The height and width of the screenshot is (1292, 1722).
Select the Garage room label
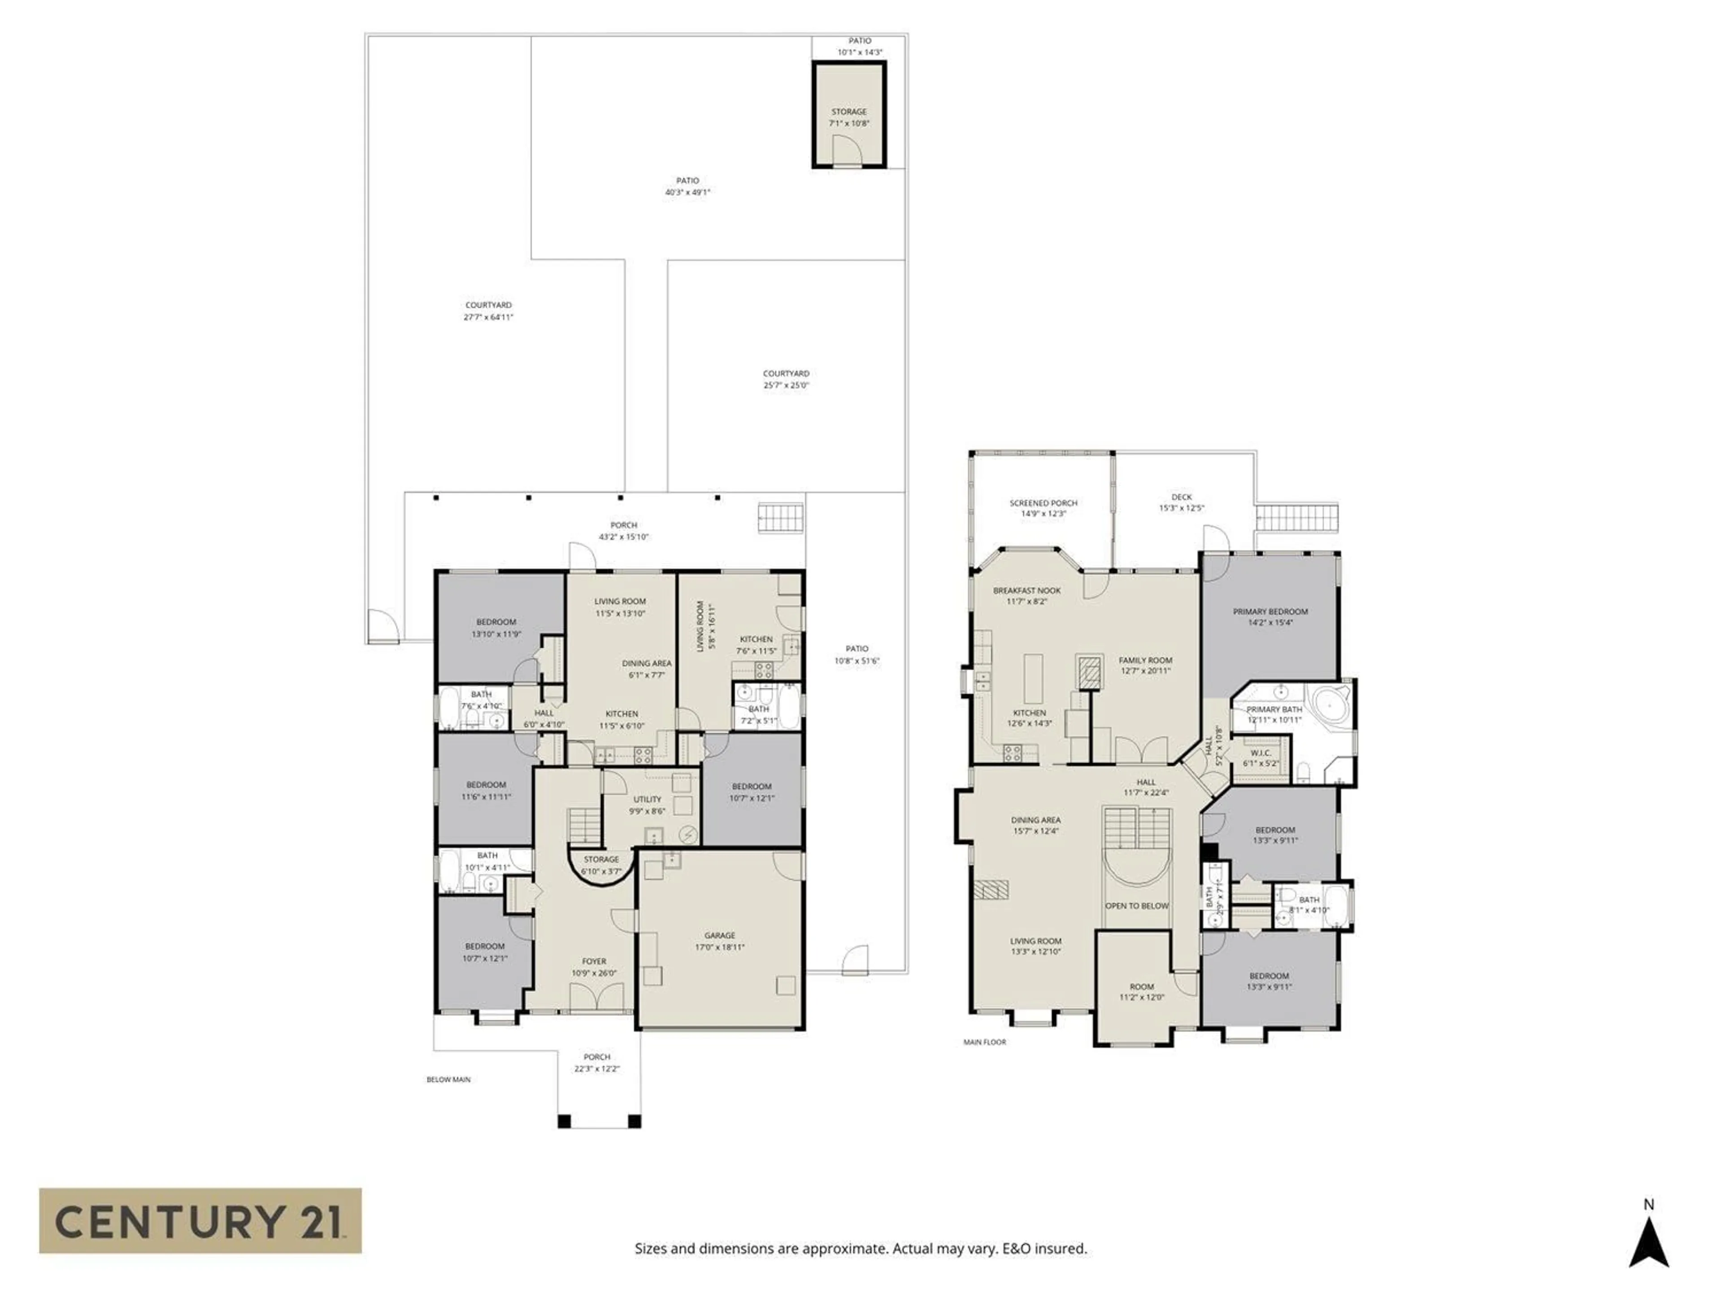[719, 935]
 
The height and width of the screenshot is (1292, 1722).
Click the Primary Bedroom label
[1270, 611]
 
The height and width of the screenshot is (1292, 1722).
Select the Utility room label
[647, 799]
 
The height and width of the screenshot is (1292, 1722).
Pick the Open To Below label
[1137, 906]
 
